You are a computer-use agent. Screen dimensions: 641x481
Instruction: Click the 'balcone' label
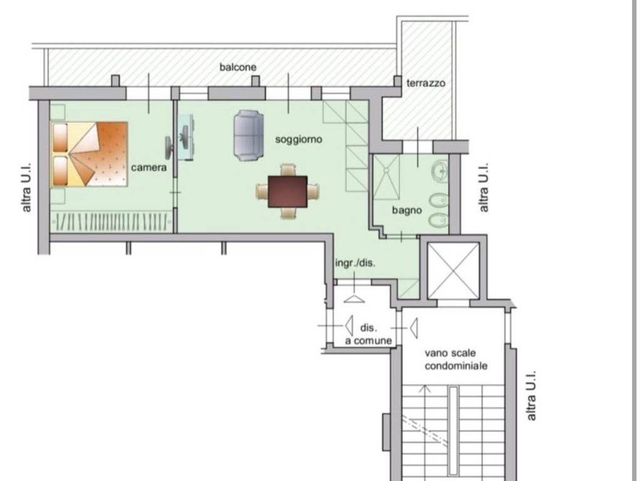click(238, 67)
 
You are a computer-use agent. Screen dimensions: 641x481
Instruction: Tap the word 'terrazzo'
click(426, 83)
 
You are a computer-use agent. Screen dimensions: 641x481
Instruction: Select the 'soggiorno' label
click(299, 140)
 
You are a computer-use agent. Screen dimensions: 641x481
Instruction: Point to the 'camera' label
click(149, 167)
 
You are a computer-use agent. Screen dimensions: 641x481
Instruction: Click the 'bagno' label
click(407, 210)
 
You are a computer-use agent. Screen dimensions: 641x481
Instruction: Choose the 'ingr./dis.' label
click(355, 263)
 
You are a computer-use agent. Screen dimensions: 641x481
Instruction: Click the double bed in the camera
click(90, 154)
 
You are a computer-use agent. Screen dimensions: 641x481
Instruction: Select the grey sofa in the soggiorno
click(249, 135)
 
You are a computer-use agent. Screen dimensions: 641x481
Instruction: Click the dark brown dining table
click(288, 192)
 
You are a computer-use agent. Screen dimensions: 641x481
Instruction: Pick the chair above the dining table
click(288, 170)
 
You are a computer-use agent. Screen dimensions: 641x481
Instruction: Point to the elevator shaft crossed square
click(453, 271)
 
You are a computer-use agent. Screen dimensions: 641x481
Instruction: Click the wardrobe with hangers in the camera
click(111, 221)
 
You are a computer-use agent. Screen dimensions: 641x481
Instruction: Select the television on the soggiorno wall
click(169, 147)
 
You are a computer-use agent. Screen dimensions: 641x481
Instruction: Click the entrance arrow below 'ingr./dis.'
click(354, 299)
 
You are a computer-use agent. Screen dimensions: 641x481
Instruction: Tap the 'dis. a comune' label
click(368, 334)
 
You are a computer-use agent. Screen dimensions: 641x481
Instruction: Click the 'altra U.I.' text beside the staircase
click(531, 396)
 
